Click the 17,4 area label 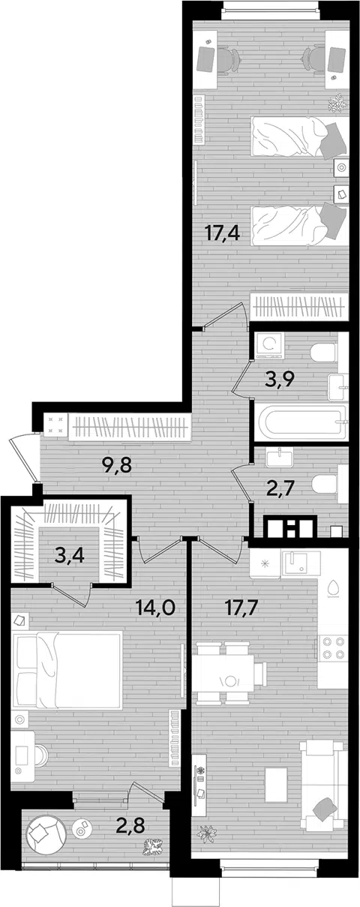(x=223, y=233)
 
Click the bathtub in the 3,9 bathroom (x=300, y=423)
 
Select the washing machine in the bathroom (x=268, y=345)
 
